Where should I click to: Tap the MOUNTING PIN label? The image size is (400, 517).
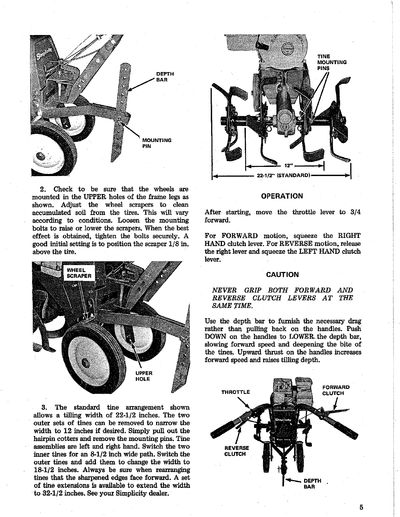157,143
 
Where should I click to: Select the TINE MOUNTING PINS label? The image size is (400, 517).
332,62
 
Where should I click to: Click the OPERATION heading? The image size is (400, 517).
282,196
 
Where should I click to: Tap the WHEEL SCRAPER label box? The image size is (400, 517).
78,273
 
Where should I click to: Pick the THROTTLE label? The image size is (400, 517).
236,392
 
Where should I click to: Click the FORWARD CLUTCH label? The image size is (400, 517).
336,390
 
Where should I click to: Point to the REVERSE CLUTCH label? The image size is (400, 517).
236,451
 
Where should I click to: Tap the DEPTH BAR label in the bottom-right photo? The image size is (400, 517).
312,483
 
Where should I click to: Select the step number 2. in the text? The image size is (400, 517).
43,189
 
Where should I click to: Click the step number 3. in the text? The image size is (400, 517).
45,407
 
